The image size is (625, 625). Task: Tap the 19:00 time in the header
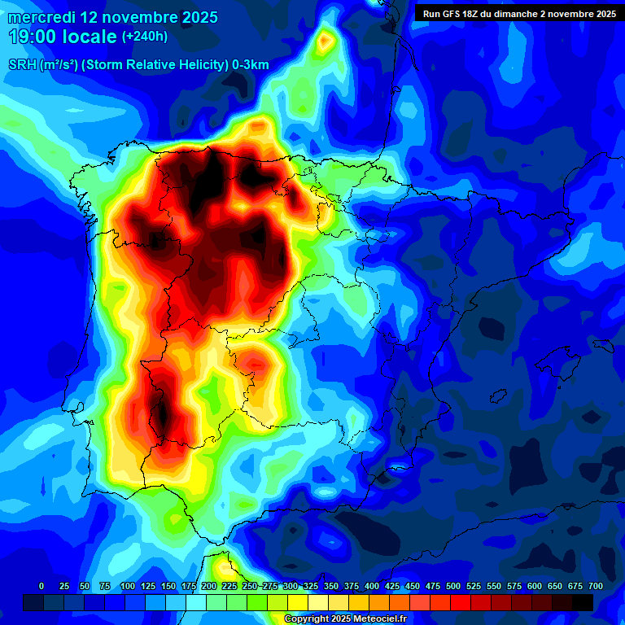(33, 37)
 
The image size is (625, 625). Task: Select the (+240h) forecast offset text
(145, 37)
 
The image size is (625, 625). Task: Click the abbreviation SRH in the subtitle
(22, 65)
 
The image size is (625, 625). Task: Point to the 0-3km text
(251, 65)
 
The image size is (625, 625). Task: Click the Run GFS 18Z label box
(518, 13)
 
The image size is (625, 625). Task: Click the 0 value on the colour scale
(42, 586)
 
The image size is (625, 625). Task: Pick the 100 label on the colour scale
(127, 586)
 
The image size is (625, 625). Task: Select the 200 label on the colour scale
(208, 586)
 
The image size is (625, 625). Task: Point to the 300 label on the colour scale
(290, 586)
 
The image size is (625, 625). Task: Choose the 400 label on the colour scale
(372, 586)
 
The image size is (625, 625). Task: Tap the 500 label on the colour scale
(453, 586)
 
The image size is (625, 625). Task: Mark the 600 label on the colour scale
(535, 586)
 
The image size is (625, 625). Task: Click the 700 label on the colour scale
(596, 586)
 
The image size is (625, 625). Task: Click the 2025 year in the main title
(194, 16)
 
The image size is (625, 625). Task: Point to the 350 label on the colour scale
(330, 586)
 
